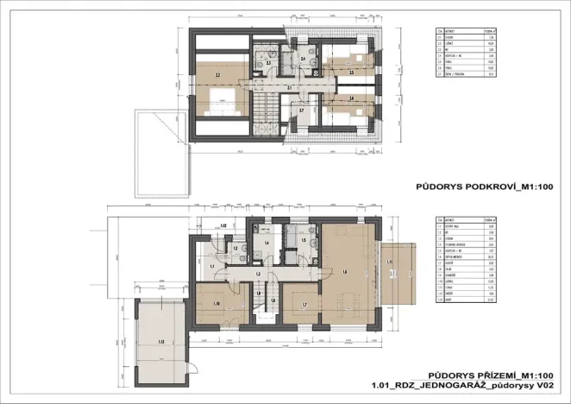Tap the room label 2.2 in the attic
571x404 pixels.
[x=217, y=76]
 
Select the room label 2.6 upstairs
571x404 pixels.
[x=351, y=98]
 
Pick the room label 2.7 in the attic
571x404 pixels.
[x=301, y=110]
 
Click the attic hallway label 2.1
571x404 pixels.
[x=289, y=87]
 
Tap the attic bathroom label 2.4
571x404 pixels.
[x=290, y=60]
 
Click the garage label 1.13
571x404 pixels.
[x=161, y=341]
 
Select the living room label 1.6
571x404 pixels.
[x=345, y=273]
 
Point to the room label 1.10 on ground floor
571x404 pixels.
[x=216, y=304]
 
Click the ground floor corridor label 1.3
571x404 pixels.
[x=259, y=274]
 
